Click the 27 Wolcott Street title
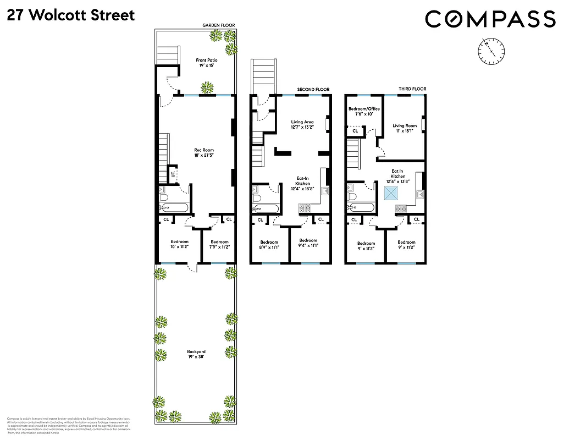[x=71, y=15]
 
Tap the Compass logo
[x=490, y=19]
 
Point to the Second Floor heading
[x=313, y=89]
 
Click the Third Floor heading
[x=412, y=89]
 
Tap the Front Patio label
[x=206, y=63]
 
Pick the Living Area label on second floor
[x=302, y=125]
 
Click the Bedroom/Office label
[x=364, y=112]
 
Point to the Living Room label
[x=405, y=128]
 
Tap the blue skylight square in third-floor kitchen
[x=392, y=193]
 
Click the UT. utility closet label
[x=173, y=174]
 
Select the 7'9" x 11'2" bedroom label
[x=219, y=245]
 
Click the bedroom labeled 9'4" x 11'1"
[x=308, y=243]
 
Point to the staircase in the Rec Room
[x=163, y=157]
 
